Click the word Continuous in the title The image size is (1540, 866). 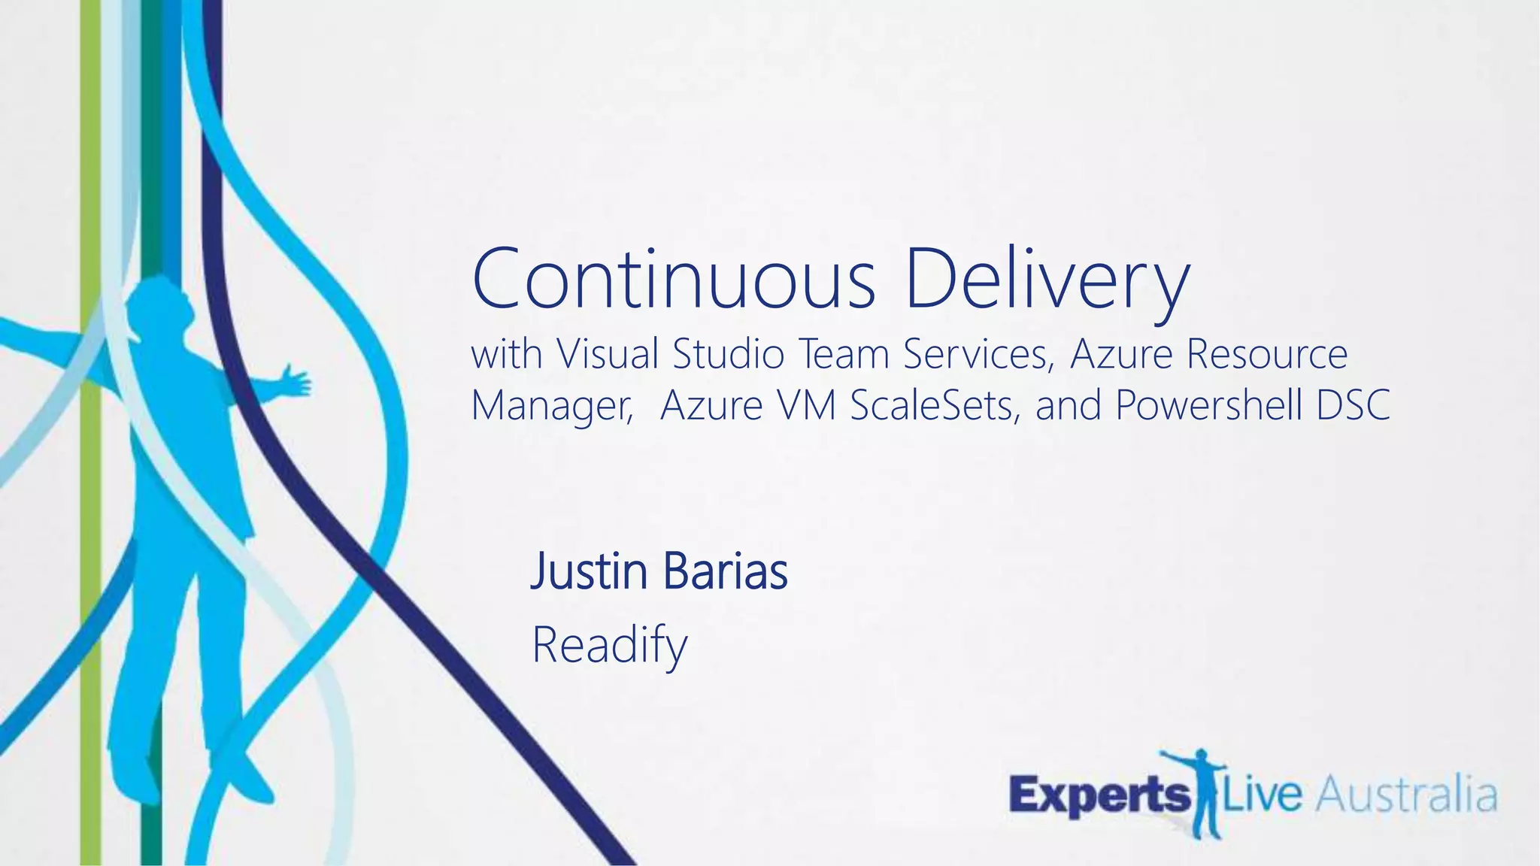[x=674, y=279]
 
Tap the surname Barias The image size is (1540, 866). [x=725, y=571]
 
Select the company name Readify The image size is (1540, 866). [x=609, y=646]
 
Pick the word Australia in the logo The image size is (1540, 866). [x=1405, y=796]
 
